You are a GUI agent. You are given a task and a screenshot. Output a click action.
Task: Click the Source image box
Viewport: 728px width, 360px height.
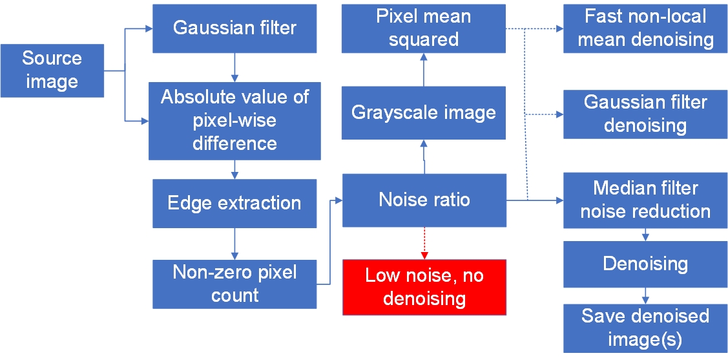pos(52,70)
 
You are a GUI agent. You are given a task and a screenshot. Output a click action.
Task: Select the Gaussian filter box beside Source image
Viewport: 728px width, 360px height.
pos(234,28)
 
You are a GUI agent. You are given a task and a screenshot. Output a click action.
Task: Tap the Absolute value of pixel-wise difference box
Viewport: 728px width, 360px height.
pos(234,121)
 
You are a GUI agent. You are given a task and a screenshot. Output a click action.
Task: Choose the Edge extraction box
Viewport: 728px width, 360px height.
pos(234,204)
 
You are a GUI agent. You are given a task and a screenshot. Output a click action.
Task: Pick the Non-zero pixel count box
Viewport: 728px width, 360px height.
pos(234,284)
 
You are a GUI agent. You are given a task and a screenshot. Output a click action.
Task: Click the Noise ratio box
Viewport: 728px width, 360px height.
pos(424,200)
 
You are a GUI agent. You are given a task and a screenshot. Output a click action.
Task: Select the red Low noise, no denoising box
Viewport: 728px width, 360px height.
pos(424,287)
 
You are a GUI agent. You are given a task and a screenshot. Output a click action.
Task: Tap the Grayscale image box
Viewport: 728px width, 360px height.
pos(424,113)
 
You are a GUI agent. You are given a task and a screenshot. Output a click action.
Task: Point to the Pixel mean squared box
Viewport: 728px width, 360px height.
pos(424,28)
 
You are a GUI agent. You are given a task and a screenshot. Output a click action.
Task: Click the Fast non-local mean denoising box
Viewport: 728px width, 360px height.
pos(645,28)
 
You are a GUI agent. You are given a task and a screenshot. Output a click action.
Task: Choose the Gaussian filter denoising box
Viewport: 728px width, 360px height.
pos(645,114)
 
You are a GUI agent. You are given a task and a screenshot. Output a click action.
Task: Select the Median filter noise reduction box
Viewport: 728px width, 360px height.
pos(645,200)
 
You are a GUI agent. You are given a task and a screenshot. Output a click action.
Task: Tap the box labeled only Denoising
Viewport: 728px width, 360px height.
pos(645,264)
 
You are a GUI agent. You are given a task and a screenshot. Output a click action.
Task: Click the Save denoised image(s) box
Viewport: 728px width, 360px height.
pos(645,328)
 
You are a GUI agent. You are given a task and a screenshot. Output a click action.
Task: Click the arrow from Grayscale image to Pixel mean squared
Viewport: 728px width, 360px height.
pos(424,69)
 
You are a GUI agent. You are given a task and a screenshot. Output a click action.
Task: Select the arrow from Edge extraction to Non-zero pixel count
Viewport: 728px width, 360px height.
pos(234,244)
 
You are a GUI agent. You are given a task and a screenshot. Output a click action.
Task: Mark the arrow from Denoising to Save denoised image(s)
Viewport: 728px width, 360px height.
pos(645,295)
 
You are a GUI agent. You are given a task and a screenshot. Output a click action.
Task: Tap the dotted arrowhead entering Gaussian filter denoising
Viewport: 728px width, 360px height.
pos(560,114)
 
